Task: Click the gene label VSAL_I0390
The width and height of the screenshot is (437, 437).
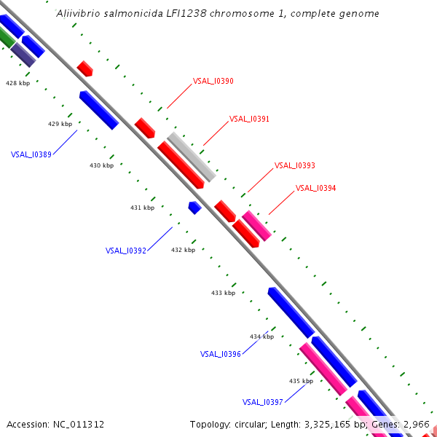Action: coord(213,81)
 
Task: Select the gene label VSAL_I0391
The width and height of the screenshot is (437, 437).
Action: coord(249,119)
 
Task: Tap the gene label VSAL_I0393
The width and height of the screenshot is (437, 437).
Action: coord(294,166)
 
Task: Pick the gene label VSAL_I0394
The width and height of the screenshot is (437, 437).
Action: coord(315,188)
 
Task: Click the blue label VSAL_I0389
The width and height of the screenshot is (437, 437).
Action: coord(31,154)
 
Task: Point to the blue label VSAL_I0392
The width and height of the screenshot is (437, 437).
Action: coord(125,251)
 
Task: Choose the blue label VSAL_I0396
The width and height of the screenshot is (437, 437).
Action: coord(220,354)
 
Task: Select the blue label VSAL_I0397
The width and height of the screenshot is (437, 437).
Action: coord(262,402)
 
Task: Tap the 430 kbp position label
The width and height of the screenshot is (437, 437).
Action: coord(101,166)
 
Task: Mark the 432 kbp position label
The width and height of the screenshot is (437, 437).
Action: coord(183,250)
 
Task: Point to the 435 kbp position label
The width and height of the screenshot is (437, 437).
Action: coord(301,381)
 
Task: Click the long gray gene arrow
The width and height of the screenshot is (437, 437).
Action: coord(192,157)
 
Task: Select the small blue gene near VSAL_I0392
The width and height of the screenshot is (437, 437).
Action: coord(194,208)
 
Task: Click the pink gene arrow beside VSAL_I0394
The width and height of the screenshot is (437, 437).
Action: coord(256,225)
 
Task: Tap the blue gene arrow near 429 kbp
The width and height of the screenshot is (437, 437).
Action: coord(99,110)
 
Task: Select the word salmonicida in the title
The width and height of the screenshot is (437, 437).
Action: coord(111,14)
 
